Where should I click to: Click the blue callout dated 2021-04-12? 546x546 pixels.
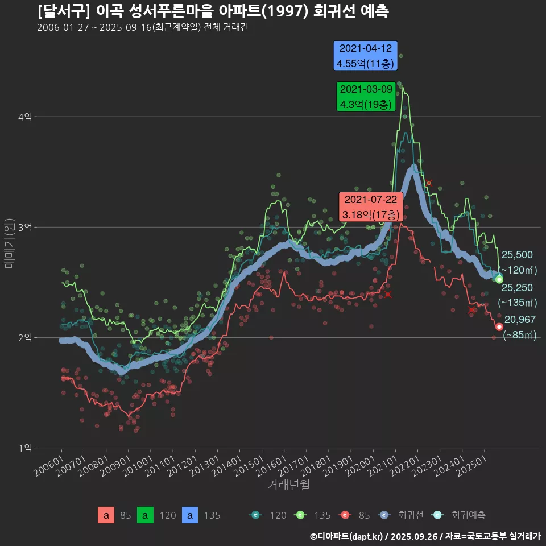point(365,56)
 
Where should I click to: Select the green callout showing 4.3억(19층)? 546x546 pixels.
point(365,97)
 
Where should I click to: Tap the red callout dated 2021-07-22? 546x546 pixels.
point(370,207)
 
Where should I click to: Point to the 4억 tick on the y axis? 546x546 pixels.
point(26,117)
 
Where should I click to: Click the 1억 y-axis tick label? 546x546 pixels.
point(26,448)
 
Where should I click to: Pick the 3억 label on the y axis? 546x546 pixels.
point(26,227)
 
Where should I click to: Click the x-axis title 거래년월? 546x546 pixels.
point(289,485)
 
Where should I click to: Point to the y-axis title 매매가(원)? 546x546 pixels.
point(9,243)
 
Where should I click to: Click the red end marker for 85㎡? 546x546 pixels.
point(499,326)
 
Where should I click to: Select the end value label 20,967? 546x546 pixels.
point(520,320)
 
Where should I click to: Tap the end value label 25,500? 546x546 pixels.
point(516,255)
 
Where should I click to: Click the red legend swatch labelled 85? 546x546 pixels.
point(106,515)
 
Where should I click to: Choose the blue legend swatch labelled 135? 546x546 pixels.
point(190,515)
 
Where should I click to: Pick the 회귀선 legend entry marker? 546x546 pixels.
point(384,515)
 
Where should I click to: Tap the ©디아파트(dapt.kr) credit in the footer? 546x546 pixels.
point(348,536)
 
